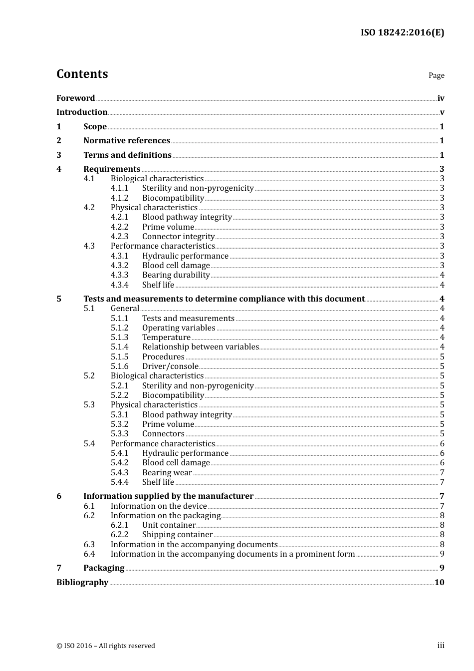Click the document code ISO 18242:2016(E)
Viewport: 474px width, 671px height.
[402, 32]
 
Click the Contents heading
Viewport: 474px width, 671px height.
[82, 74]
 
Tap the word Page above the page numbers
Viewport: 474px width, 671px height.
[436, 75]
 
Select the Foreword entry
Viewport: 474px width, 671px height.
[75, 98]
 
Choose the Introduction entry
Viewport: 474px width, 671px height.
[82, 112]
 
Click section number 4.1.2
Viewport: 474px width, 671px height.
[119, 198]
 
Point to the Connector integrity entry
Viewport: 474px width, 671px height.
[178, 237]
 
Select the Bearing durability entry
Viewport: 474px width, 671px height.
[176, 275]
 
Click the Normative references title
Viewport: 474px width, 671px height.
[127, 141]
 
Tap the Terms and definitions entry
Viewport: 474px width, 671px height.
[127, 155]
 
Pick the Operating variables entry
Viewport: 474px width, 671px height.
[179, 328]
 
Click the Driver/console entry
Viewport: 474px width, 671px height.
[170, 366]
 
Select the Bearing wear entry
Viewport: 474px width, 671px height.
[167, 473]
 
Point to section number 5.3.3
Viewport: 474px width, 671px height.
[119, 434]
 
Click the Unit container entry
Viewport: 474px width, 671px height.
[169, 525]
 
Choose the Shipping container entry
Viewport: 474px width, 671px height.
[177, 535]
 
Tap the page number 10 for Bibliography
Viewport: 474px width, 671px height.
[439, 583]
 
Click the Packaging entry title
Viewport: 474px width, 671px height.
[104, 568]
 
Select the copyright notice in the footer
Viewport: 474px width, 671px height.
[106, 646]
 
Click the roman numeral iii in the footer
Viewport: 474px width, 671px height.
[441, 646]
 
